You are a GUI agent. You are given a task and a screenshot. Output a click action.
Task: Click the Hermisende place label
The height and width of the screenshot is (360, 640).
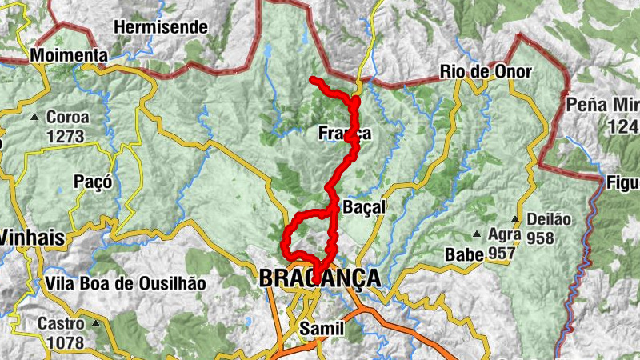[161, 26]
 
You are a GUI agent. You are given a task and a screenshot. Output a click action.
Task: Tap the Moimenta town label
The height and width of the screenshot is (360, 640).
[69, 56]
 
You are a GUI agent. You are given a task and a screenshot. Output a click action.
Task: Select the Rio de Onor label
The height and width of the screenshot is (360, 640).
[486, 72]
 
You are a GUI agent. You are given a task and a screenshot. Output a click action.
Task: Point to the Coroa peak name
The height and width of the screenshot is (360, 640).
[68, 117]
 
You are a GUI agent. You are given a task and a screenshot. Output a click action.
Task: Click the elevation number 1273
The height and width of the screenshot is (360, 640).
[65, 136]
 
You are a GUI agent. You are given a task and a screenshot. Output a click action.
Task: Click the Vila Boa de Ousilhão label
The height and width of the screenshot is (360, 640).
[126, 283]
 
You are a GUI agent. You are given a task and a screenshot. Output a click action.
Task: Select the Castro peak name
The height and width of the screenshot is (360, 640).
[60, 324]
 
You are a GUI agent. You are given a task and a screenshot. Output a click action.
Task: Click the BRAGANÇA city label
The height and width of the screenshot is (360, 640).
[318, 278]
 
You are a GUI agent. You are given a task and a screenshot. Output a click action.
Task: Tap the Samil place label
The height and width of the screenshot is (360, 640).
[321, 329]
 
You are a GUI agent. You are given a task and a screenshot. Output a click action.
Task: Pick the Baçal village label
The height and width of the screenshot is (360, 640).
[364, 207]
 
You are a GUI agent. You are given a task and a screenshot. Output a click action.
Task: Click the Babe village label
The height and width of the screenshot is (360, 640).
[464, 254]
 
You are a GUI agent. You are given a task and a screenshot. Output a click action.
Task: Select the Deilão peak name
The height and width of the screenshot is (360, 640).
[549, 219]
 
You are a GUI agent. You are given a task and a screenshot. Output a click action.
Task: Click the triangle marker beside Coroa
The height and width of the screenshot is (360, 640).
[34, 118]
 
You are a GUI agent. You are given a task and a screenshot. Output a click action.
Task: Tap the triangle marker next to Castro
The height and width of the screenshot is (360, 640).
[96, 324]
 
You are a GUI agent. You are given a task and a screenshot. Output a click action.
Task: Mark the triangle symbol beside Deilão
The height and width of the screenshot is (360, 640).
[515, 219]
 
